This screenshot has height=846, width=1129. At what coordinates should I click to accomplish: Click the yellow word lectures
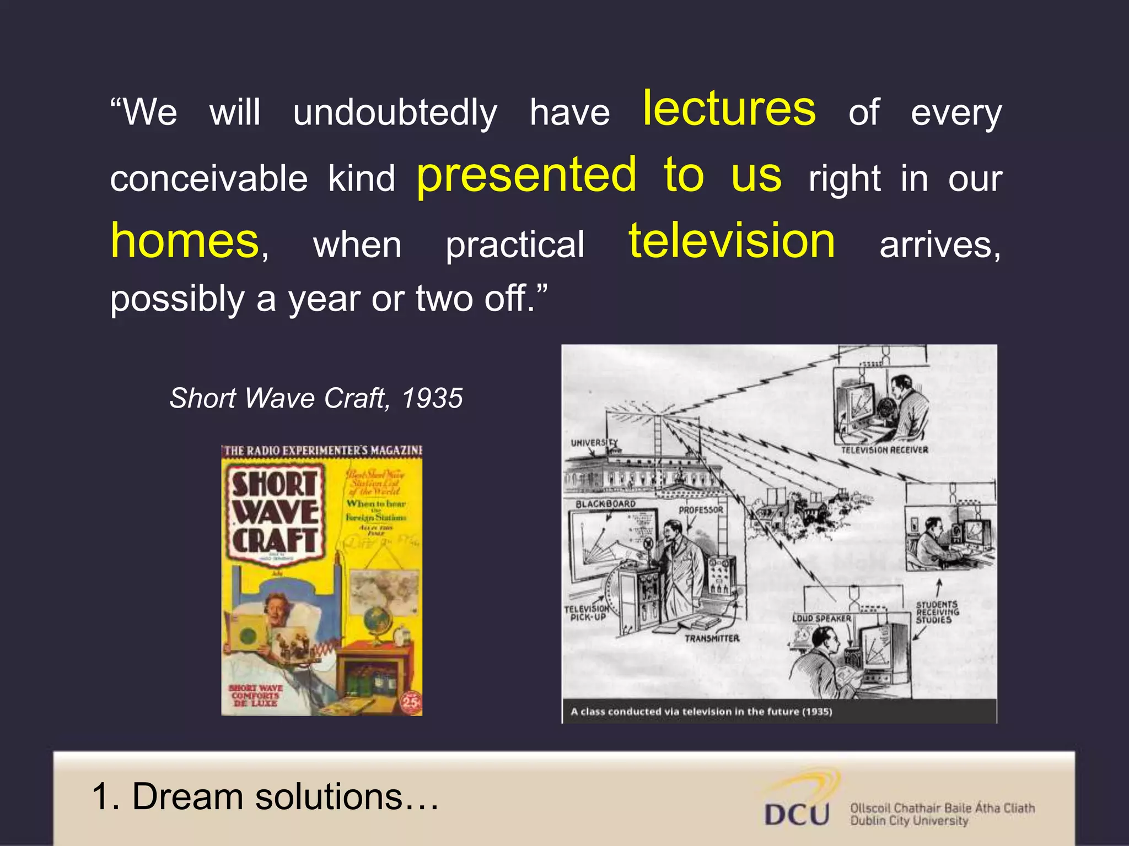(x=729, y=109)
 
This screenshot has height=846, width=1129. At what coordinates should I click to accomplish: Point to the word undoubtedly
(x=395, y=113)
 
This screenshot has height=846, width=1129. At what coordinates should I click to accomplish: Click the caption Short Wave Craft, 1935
(x=316, y=398)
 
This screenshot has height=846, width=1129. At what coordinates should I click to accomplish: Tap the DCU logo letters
(x=797, y=814)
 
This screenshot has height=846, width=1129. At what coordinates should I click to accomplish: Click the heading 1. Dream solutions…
(x=265, y=796)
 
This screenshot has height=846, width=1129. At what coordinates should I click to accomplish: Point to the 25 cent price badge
(x=411, y=702)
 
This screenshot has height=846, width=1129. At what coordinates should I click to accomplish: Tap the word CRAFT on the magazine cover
(x=275, y=540)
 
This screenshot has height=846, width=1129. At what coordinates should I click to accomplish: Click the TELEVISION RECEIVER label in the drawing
(x=884, y=450)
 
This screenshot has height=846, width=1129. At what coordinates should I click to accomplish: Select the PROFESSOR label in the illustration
(x=701, y=510)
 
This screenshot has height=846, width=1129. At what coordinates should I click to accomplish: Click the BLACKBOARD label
(x=605, y=504)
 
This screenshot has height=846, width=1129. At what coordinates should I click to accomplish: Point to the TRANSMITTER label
(x=712, y=638)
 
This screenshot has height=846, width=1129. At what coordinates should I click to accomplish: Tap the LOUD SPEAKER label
(x=821, y=619)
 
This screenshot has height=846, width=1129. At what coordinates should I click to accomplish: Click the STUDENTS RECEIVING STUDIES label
(x=937, y=612)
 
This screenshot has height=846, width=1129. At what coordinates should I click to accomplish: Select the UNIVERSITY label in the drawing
(x=594, y=442)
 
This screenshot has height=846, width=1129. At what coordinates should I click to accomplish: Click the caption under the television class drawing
(x=701, y=712)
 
